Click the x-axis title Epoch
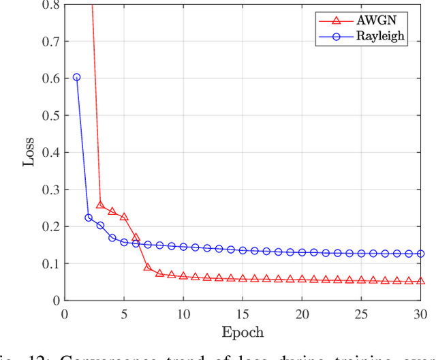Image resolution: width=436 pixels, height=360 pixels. click(x=243, y=332)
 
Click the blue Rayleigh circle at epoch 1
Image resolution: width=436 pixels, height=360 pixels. click(x=76, y=78)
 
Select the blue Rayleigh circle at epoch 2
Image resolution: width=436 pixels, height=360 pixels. click(x=89, y=217)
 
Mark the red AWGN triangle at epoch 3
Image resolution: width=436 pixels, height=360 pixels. click(x=100, y=205)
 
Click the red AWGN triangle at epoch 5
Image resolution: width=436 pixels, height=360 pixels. click(x=124, y=217)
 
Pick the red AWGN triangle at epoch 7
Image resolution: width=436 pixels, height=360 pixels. click(x=148, y=267)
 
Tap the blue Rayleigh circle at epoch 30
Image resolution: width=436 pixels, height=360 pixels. click(x=420, y=254)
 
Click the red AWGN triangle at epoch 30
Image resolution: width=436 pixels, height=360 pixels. click(x=420, y=281)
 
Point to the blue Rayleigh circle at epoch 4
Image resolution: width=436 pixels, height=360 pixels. click(x=112, y=237)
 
